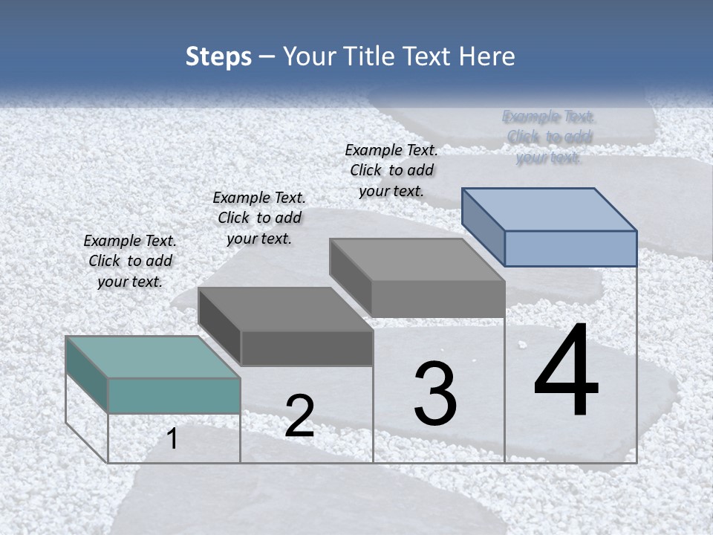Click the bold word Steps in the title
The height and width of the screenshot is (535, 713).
[x=218, y=56]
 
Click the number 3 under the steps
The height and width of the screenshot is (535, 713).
[x=435, y=394]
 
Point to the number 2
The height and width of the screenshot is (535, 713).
[x=300, y=416]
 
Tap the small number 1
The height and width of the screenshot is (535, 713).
[x=172, y=439]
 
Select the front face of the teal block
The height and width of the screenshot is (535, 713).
[x=174, y=395]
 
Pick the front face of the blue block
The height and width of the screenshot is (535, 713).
[x=570, y=248]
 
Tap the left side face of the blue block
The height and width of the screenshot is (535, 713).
[x=483, y=227]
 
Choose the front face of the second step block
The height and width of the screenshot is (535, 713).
[x=307, y=348]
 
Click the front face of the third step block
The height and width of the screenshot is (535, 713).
[x=438, y=299]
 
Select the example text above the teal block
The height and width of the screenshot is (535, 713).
[x=130, y=261]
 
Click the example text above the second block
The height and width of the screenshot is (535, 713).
[x=259, y=218]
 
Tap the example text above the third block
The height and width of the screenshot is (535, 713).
[x=391, y=170]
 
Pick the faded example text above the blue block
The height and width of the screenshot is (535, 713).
[x=549, y=137]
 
